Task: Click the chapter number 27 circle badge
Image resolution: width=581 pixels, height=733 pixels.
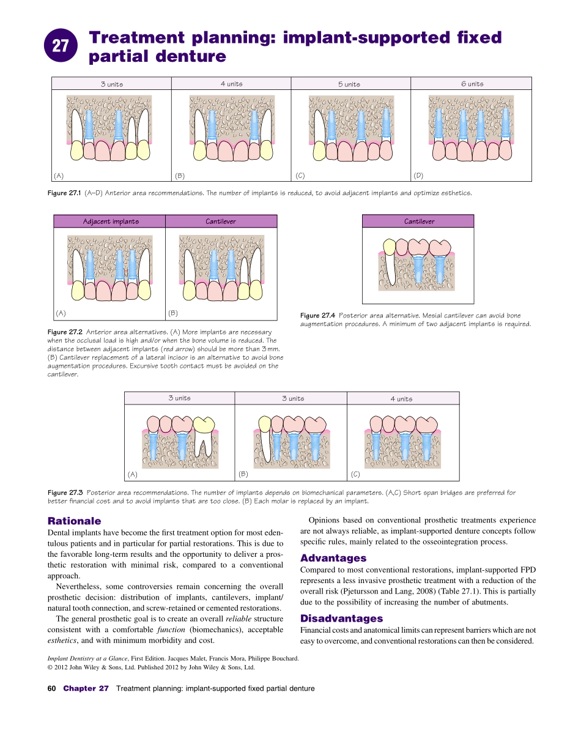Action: point(61,45)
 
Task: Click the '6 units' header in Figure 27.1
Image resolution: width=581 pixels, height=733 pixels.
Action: point(472,84)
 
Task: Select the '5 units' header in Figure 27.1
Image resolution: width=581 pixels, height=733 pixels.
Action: point(349,84)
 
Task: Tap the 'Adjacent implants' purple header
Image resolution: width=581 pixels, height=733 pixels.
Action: point(111,221)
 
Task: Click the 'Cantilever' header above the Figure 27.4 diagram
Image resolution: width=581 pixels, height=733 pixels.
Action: point(419,221)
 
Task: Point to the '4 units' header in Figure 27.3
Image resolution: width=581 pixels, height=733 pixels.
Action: point(401,399)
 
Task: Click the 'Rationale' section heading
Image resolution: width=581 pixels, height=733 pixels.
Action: point(74,521)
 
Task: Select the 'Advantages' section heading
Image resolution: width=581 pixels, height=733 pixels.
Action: point(333,558)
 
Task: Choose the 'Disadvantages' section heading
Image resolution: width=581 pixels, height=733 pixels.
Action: point(341,619)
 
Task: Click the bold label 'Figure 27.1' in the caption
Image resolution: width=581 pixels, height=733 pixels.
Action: point(64,193)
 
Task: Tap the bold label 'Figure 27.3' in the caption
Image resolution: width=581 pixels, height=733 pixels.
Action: point(65,493)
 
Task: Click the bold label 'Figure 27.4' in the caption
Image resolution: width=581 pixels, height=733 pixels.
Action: point(317,316)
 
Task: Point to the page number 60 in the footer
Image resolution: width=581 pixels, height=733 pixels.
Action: point(51,688)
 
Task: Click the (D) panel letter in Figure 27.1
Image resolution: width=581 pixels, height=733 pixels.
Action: point(418,176)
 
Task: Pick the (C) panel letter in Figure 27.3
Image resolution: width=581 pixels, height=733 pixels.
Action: point(355,474)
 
